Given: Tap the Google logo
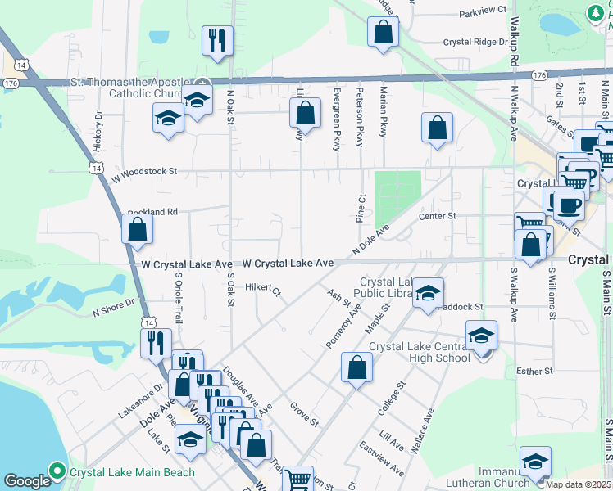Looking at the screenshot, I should pos(27,481).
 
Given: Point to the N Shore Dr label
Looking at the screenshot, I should pos(113,309).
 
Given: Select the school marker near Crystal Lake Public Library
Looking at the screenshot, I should pos(428,294).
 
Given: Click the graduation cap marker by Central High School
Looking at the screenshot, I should pos(481,336).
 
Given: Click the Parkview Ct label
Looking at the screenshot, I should pos(483,11).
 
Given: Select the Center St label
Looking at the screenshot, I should pos(436,216).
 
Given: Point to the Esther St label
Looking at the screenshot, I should pos(535,372).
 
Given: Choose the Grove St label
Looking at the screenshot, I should pos(304,412).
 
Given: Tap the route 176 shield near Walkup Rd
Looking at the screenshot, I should pos(538,74).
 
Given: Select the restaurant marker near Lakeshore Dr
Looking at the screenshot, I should pos(156,343).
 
